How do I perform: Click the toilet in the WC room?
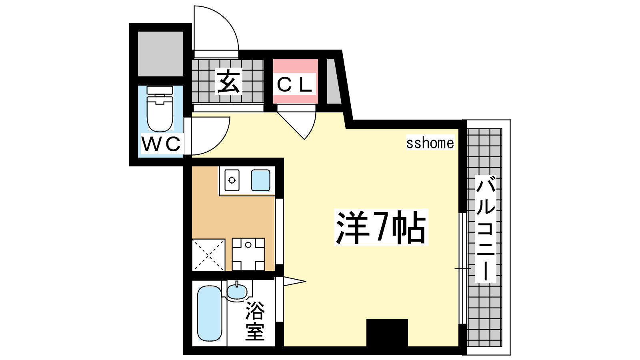click(160, 109)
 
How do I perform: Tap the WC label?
click(161, 144)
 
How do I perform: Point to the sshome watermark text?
click(430, 143)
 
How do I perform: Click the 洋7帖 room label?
click(381, 228)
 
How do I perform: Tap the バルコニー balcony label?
click(486, 229)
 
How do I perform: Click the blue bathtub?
click(210, 314)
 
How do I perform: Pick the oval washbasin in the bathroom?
click(237, 292)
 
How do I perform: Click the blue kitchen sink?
click(260, 180)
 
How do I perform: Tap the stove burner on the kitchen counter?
click(232, 180)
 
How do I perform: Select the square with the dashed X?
click(208, 254)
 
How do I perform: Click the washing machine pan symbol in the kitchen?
click(248, 254)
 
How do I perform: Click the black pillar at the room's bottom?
click(387, 333)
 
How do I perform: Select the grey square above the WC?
click(160, 54)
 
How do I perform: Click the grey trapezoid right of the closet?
click(334, 81)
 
